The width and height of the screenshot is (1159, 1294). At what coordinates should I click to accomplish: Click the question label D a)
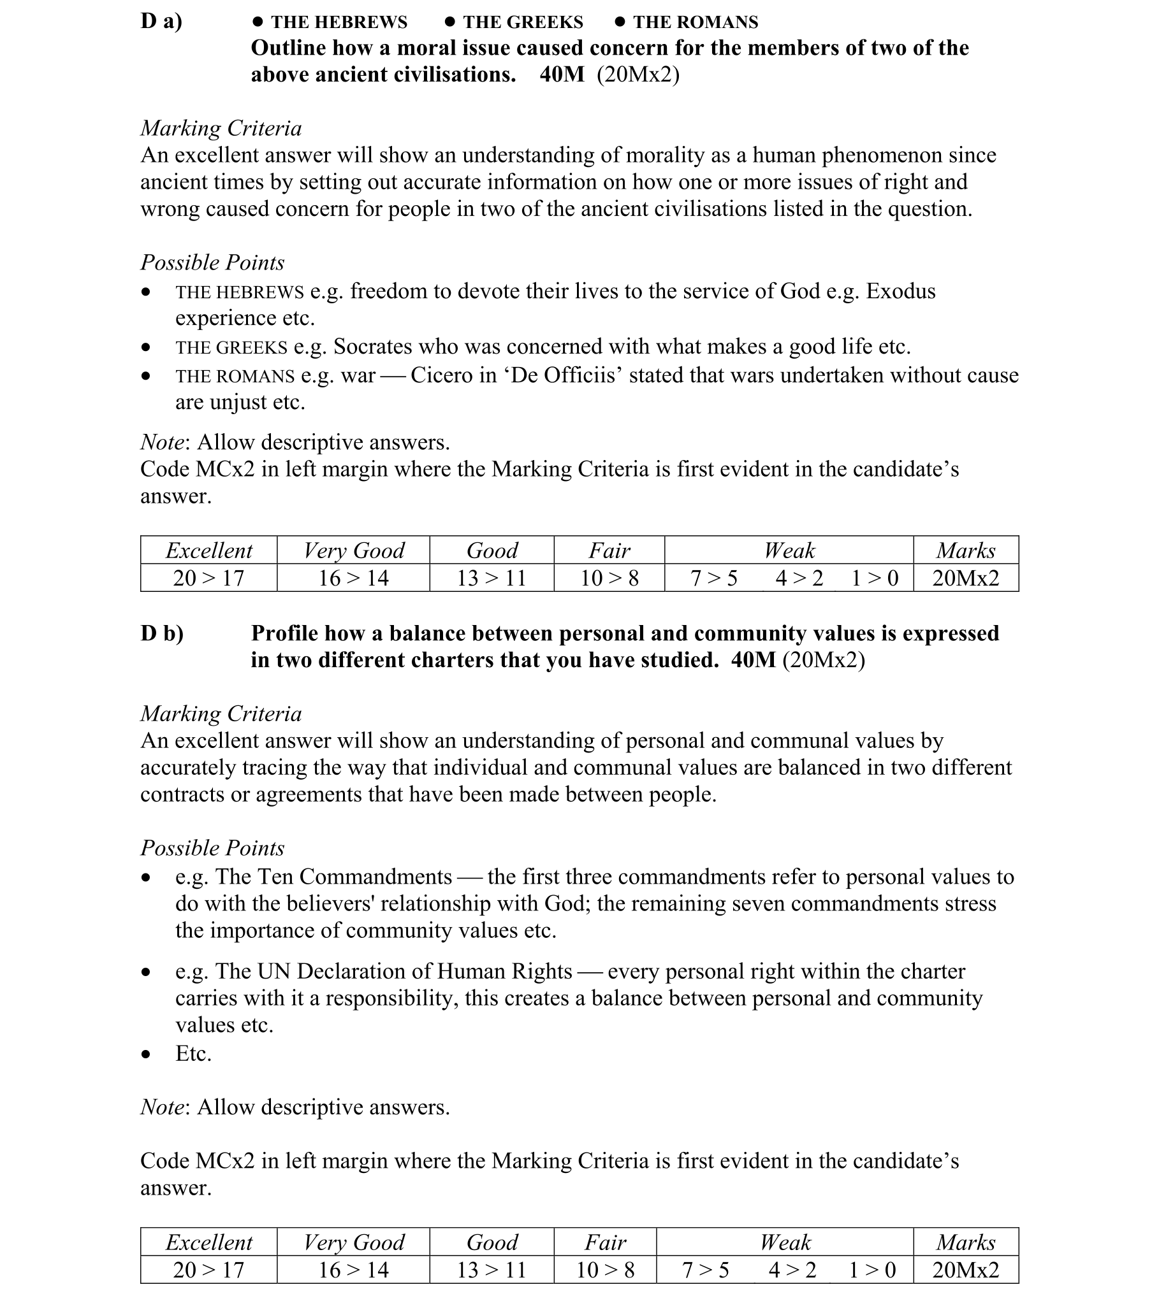click(x=161, y=21)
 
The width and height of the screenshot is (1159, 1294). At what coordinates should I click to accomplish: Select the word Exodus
click(x=901, y=291)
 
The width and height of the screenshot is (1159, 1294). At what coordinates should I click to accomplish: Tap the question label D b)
click(x=162, y=633)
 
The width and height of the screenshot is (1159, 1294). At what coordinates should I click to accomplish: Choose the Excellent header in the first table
click(x=208, y=550)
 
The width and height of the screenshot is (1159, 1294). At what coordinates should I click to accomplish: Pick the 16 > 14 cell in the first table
click(x=353, y=578)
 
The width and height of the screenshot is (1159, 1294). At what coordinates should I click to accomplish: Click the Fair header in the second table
click(x=605, y=1242)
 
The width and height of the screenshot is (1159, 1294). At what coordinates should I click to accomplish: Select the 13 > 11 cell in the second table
click(x=492, y=1270)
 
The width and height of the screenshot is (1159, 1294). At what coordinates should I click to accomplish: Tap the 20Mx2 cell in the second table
click(x=965, y=1270)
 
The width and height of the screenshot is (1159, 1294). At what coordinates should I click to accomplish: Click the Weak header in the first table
click(x=789, y=550)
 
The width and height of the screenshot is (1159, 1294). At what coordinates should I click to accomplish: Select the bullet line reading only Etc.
click(x=193, y=1053)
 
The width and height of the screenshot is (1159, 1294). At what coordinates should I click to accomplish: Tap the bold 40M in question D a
click(x=562, y=75)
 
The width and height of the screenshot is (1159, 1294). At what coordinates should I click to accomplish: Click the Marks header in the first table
click(x=965, y=550)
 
